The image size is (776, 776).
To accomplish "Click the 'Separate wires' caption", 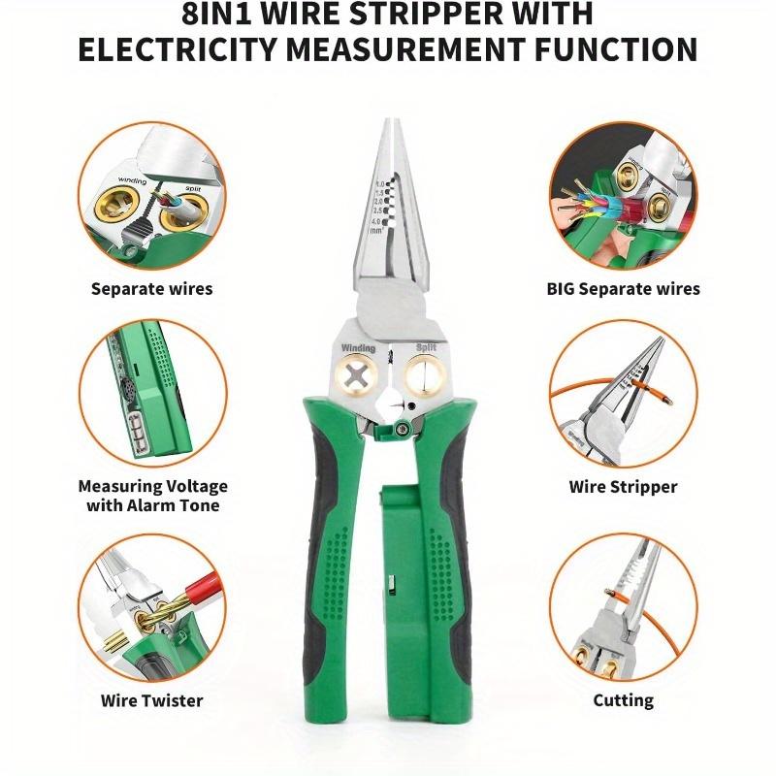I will pos(151,288).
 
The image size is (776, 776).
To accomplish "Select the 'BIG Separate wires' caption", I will pos(623,288).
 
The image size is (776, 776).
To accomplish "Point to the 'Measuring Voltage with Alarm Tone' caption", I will pos(152,496).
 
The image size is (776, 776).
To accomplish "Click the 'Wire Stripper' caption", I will pos(623,487).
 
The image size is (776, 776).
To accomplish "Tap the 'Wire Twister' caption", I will pos(151,699).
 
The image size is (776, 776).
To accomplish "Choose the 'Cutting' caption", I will pos(623,699).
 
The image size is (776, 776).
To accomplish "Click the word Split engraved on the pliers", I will pos(426,346).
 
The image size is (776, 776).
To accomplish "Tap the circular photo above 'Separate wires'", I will pos(151,194).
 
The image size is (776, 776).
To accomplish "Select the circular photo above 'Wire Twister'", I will pos(151,606).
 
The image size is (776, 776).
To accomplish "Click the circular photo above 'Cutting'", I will pos(623,606).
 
